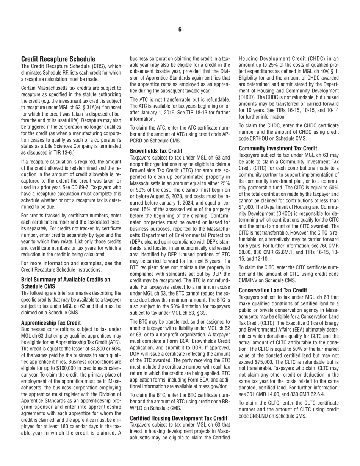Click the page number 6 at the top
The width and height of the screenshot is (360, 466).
click(180, 30)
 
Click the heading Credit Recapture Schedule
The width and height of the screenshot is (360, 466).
click(58, 59)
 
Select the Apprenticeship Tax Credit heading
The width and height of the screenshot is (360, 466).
click(51, 323)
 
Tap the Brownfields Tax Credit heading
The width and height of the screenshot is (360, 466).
click(156, 150)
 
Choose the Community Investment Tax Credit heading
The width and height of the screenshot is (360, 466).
click(278, 148)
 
